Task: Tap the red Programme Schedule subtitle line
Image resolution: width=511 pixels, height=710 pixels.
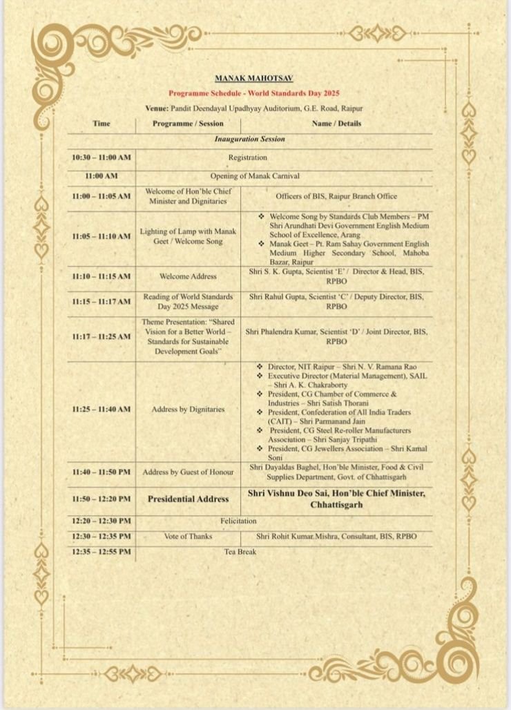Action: [x=255, y=93]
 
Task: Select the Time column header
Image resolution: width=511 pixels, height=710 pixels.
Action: [x=101, y=124]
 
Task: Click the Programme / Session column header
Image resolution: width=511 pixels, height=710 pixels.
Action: [x=188, y=124]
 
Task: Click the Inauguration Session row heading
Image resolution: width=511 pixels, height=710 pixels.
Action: [x=249, y=140]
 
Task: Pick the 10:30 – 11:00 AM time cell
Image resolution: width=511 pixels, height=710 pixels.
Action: [x=101, y=158]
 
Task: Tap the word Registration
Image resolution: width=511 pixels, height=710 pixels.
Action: [x=247, y=158]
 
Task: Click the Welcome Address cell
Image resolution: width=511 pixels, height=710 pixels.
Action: [x=188, y=276]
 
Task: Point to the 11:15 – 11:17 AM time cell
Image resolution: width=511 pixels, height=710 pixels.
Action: [x=101, y=302]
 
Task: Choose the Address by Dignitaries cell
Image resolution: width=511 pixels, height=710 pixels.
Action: [x=188, y=410]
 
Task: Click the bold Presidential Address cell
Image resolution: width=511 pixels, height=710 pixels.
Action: [x=188, y=499]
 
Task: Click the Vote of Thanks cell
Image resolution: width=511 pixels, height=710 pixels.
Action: [x=188, y=537]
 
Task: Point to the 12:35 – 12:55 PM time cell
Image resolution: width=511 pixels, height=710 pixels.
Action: [x=101, y=553]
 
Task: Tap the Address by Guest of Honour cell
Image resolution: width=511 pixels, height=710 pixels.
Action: [x=188, y=472]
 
